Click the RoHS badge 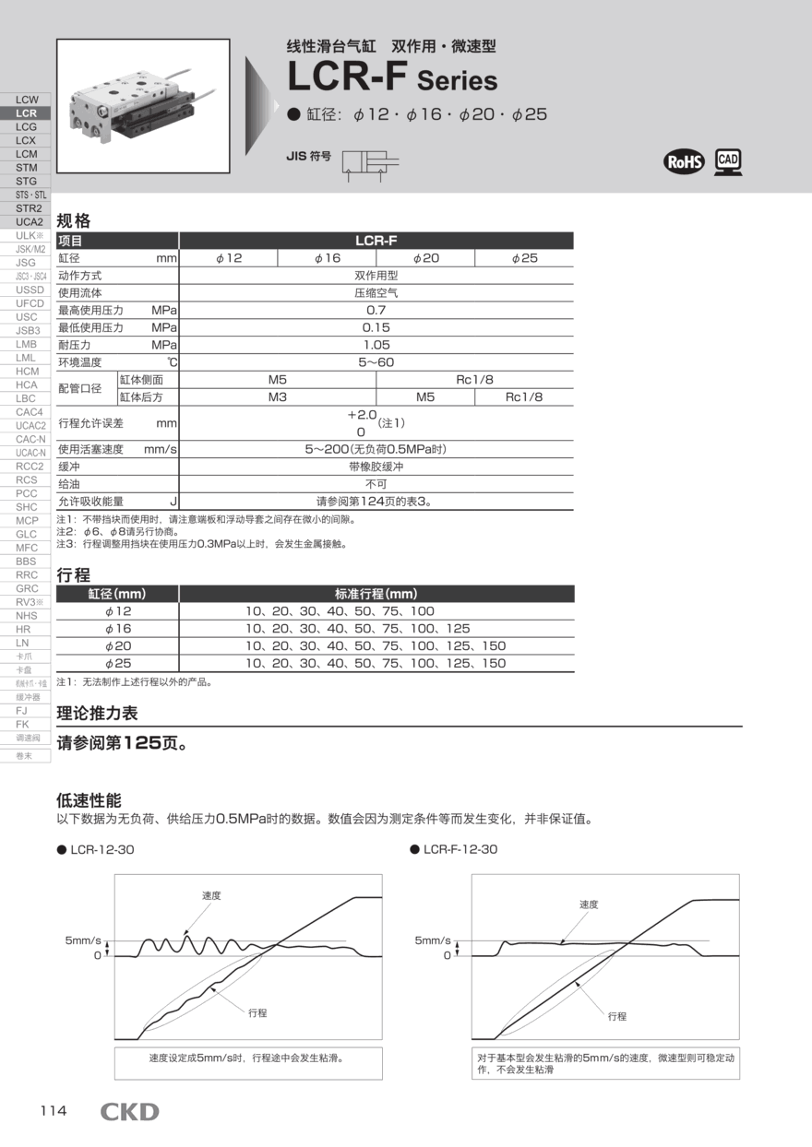click(684, 162)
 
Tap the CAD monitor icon click(728, 161)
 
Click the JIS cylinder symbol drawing click(370, 164)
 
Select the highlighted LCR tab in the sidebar click(26, 112)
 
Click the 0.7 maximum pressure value click(376, 310)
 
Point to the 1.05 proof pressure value click(376, 344)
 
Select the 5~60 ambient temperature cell click(376, 361)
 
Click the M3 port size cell click(278, 396)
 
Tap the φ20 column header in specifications click(425, 258)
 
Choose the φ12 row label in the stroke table click(118, 611)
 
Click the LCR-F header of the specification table click(376, 241)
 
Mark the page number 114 click(54, 1110)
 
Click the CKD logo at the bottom click(129, 1111)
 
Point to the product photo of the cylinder click(143, 106)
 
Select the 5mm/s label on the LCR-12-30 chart click(83, 940)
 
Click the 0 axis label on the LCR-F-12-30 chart click(448, 955)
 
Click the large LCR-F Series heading click(392, 78)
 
